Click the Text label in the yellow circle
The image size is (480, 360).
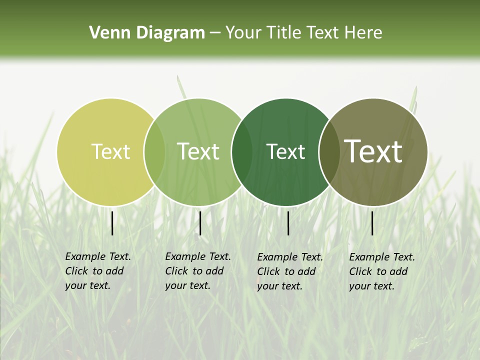click(110, 151)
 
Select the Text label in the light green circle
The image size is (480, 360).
click(198, 151)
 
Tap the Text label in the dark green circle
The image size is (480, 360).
click(285, 151)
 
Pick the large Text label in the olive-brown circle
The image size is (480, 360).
click(373, 151)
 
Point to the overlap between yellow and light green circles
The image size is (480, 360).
click(154, 151)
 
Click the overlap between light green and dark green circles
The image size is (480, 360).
click(242, 151)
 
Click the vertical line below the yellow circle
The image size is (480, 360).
click(112, 223)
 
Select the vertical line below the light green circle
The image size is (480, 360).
click(200, 223)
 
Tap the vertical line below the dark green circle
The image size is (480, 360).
click(288, 223)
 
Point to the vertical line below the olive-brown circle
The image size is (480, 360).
click(372, 223)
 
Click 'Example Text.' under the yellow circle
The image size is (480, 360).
click(98, 256)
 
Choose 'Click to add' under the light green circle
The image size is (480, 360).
click(194, 271)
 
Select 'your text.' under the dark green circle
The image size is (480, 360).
click(280, 286)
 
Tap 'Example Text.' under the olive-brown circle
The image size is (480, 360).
click(382, 257)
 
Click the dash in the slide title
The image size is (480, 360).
click(215, 33)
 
